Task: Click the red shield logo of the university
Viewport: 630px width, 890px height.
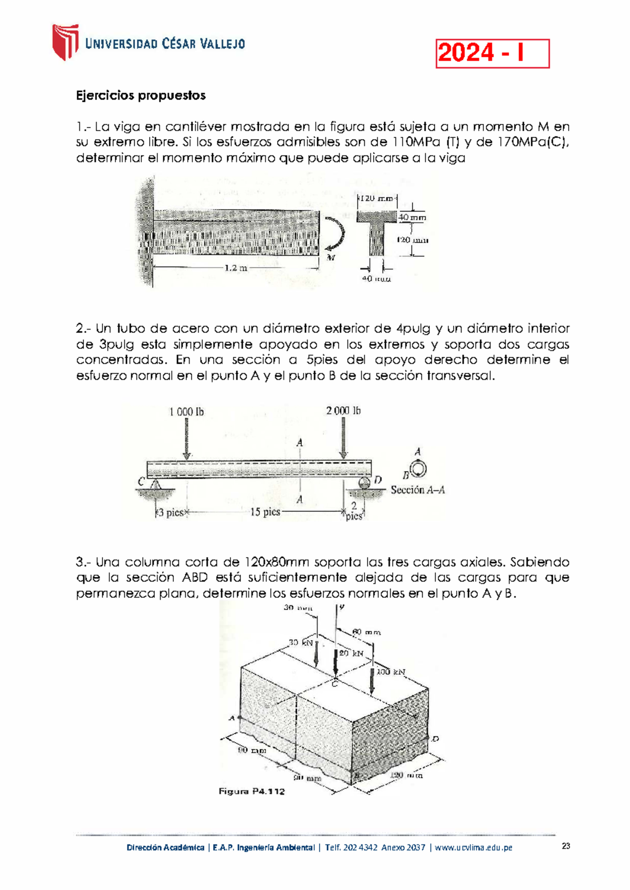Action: (x=65, y=42)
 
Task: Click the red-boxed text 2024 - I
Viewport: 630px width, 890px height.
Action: (x=492, y=54)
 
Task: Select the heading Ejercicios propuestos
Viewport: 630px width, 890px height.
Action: (x=141, y=96)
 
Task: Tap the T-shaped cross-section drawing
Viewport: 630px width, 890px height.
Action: (x=376, y=231)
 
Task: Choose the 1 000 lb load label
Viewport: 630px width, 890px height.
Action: (x=186, y=412)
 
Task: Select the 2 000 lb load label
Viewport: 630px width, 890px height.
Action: (x=343, y=411)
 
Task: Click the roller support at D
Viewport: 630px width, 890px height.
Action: (x=364, y=482)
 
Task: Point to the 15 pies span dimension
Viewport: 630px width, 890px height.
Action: (x=265, y=512)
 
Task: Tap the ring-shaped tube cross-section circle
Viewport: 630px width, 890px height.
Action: (x=418, y=469)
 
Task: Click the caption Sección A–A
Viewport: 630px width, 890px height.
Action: (x=417, y=490)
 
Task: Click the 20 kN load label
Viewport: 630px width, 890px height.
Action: (x=351, y=653)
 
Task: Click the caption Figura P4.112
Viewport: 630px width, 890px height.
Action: (x=251, y=791)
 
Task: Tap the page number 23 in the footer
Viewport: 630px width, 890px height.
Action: (x=565, y=846)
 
